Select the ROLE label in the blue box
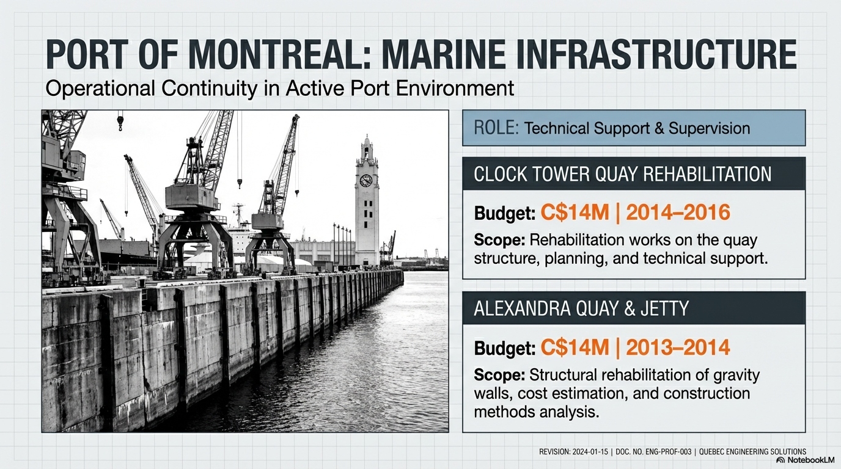496,128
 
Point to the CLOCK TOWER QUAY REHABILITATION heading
622,175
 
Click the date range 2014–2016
678,213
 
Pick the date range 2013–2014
678,347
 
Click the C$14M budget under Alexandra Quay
575,347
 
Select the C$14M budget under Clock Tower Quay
575,213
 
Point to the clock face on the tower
366,180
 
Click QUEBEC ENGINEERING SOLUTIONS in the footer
754,452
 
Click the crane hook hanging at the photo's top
120,125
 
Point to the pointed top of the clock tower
367,139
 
